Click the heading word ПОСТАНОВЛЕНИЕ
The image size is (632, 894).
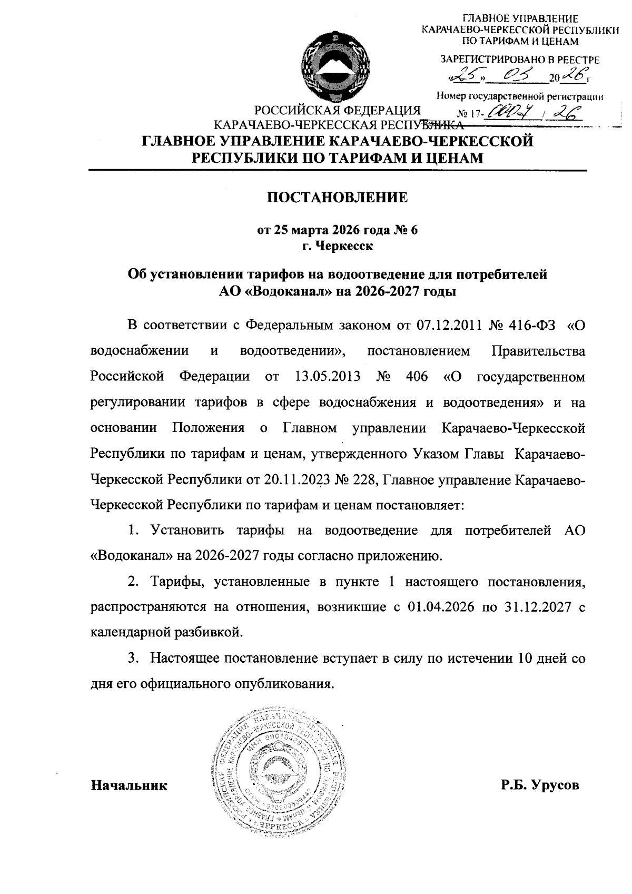pyautogui.click(x=338, y=198)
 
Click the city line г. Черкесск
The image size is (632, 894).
pyautogui.click(x=338, y=245)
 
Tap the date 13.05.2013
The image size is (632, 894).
pyautogui.click(x=325, y=377)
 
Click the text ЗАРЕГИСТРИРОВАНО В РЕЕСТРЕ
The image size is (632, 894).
pyautogui.click(x=519, y=60)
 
